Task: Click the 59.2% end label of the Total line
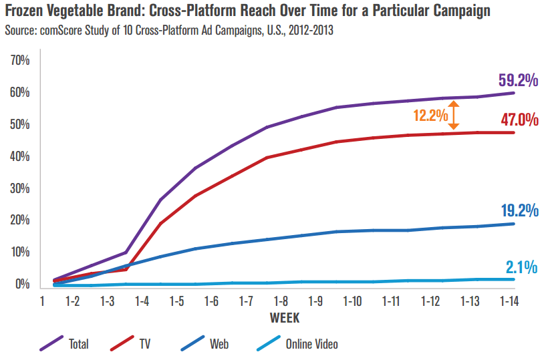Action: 518,81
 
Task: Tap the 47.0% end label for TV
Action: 519,120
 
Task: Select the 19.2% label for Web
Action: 519,211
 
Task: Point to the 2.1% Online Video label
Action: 522,268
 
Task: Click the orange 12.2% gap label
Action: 430,115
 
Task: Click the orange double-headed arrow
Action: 453,115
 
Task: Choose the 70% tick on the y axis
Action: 21,61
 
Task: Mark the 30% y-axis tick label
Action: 21,188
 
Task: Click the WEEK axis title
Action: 285,315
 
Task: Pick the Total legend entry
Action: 78,345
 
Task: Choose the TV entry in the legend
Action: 145,345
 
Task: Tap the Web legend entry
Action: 219,345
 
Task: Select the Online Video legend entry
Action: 311,345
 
